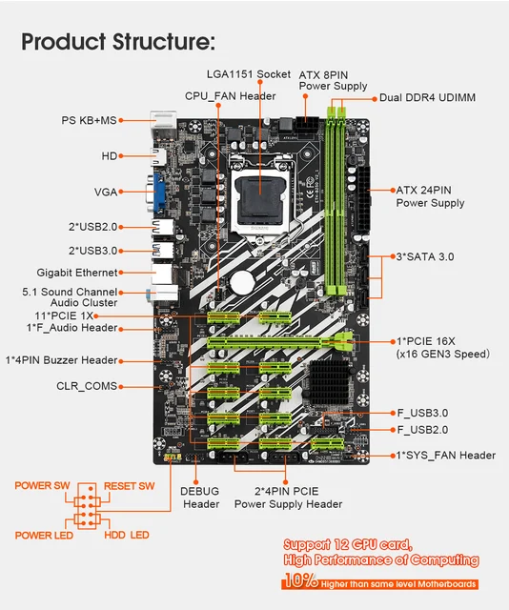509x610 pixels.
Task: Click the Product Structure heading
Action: (118, 41)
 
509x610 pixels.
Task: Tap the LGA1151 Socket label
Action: (248, 74)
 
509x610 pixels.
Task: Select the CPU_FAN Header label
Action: (231, 95)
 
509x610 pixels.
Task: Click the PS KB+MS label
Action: (90, 120)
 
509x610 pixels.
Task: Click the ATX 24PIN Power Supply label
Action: (430, 196)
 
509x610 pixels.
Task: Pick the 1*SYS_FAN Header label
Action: (444, 456)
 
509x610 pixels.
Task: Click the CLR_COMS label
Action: (87, 386)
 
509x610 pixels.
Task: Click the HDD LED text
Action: (126, 535)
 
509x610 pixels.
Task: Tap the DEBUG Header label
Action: (200, 497)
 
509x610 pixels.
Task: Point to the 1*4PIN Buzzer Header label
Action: (62, 360)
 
